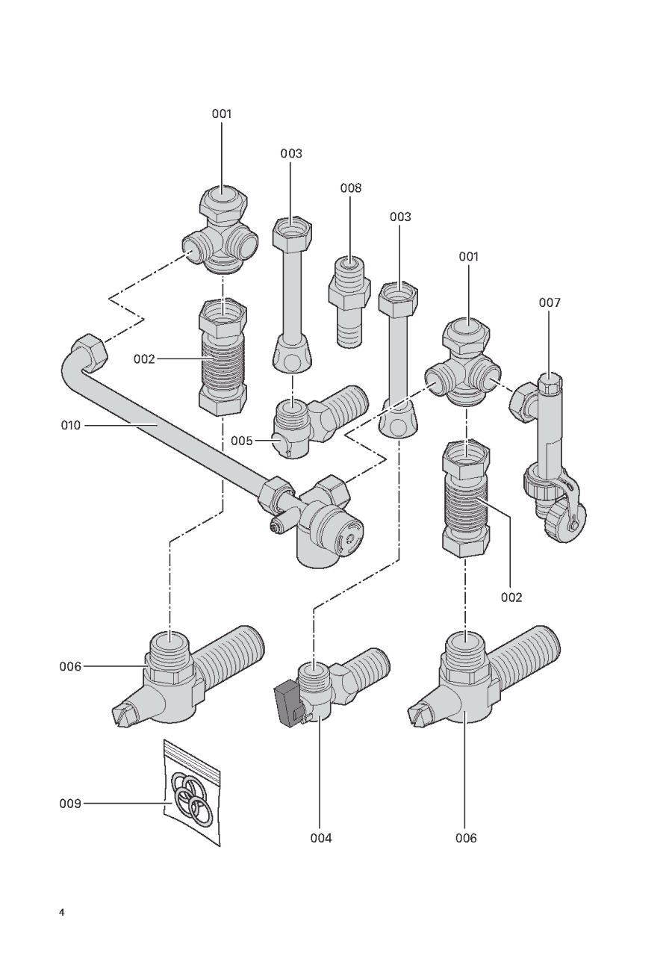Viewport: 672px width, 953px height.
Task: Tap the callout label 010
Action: tap(71, 425)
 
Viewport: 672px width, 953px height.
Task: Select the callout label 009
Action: tap(69, 803)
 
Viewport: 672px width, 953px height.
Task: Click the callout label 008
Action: tap(350, 187)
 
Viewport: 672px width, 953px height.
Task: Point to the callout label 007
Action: tap(550, 302)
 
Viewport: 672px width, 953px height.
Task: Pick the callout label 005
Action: tap(242, 441)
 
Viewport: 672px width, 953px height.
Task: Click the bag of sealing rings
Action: tap(192, 792)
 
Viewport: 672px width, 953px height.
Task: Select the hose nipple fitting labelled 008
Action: tap(349, 301)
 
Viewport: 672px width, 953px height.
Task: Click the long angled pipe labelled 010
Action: tap(170, 429)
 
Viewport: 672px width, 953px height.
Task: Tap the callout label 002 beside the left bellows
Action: tap(144, 359)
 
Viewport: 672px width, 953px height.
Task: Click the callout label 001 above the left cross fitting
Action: tap(222, 114)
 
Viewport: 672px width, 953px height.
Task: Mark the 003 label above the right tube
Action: tap(400, 217)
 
